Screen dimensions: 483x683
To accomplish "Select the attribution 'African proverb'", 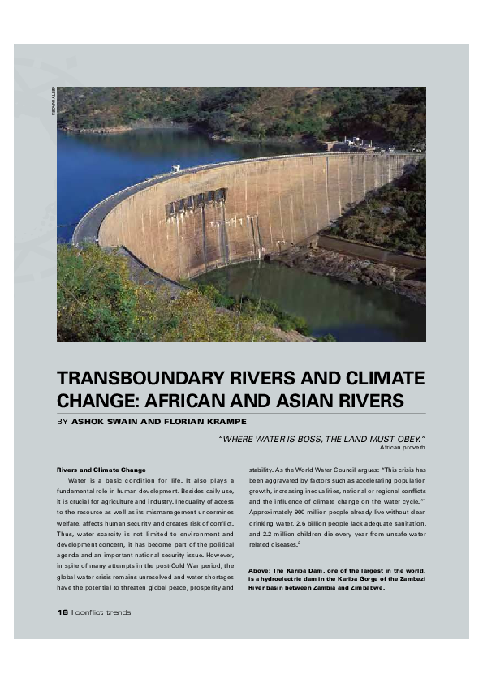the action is click(403, 447).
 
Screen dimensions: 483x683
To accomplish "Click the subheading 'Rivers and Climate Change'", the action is click(101, 470).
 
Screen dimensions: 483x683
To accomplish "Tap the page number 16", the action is click(63, 612).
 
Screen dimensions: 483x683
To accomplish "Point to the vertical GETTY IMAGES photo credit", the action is click(54, 101).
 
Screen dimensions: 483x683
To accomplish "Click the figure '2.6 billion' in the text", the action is click(308, 525).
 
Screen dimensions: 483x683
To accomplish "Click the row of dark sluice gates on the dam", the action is click(196, 201).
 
